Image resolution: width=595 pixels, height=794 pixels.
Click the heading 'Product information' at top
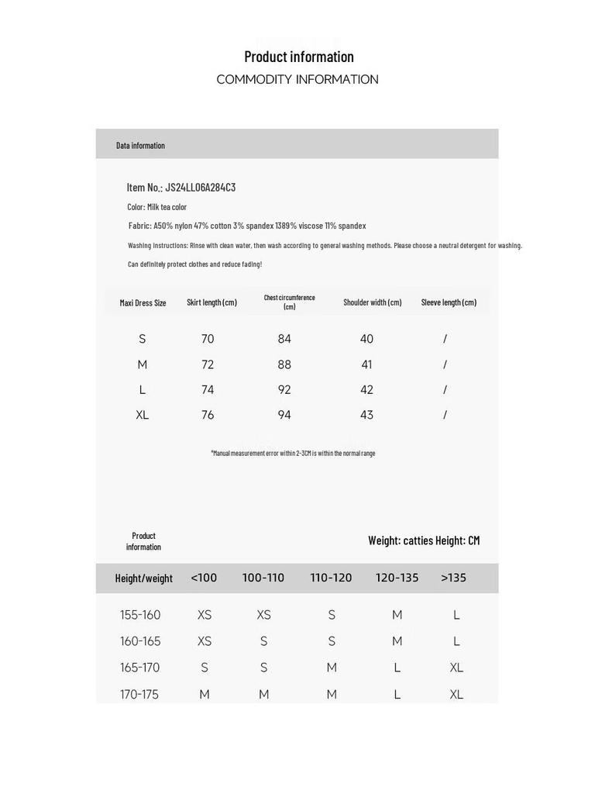298,57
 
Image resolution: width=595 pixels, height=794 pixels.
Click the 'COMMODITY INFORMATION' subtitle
297,79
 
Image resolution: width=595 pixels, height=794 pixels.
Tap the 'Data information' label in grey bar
140,145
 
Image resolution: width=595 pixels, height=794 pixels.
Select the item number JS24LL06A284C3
200,187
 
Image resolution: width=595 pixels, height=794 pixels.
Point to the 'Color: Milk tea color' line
157,207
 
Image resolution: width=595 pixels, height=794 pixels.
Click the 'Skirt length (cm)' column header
212,302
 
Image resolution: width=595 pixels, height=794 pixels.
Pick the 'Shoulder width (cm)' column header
373,302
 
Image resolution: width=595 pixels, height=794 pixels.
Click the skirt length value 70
208,339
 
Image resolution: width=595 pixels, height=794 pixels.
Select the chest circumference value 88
284,364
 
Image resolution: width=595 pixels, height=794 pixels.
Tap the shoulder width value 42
366,390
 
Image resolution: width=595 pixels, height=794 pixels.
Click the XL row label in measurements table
143,415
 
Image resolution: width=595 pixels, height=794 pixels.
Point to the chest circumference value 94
284,415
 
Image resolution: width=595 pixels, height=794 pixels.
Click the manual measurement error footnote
293,453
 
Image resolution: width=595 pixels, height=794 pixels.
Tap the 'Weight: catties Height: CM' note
424,540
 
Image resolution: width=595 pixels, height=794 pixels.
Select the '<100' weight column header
204,578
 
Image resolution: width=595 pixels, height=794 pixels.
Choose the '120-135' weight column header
397,578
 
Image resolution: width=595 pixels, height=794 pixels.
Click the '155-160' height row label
140,615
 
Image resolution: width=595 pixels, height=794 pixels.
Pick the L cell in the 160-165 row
456,641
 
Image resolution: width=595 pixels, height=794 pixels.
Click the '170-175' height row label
139,694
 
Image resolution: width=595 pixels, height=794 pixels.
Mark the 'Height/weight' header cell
144,578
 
